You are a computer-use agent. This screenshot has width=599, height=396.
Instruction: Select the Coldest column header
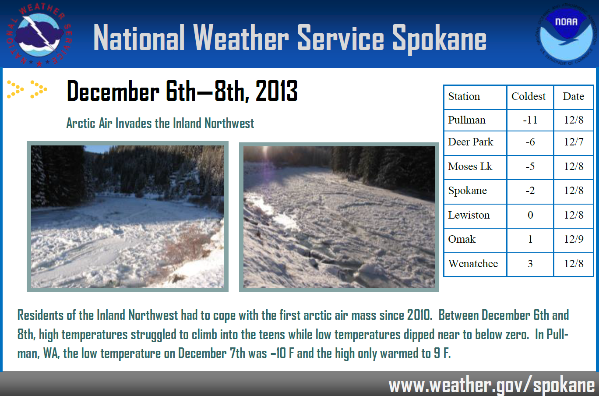click(529, 96)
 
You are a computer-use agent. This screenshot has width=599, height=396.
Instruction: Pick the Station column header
click(464, 96)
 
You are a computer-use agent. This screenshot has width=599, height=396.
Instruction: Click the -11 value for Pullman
click(530, 120)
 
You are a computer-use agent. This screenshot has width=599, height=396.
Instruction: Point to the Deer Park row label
click(471, 142)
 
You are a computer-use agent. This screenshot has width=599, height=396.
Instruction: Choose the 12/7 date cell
click(574, 142)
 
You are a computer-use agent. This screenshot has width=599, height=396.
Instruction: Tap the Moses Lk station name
click(470, 166)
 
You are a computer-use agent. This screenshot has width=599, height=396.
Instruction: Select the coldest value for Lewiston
click(530, 215)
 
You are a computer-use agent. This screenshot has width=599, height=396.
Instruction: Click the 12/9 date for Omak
click(574, 239)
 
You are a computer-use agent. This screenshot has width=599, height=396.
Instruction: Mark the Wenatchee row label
click(473, 264)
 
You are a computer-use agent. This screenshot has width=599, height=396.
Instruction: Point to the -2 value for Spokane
click(530, 191)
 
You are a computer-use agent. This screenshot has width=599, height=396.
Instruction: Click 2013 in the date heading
click(276, 91)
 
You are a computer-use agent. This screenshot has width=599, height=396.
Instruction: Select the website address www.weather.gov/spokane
click(492, 385)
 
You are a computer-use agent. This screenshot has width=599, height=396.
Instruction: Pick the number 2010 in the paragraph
click(419, 315)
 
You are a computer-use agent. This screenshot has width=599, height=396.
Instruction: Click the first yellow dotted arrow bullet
click(15, 89)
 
